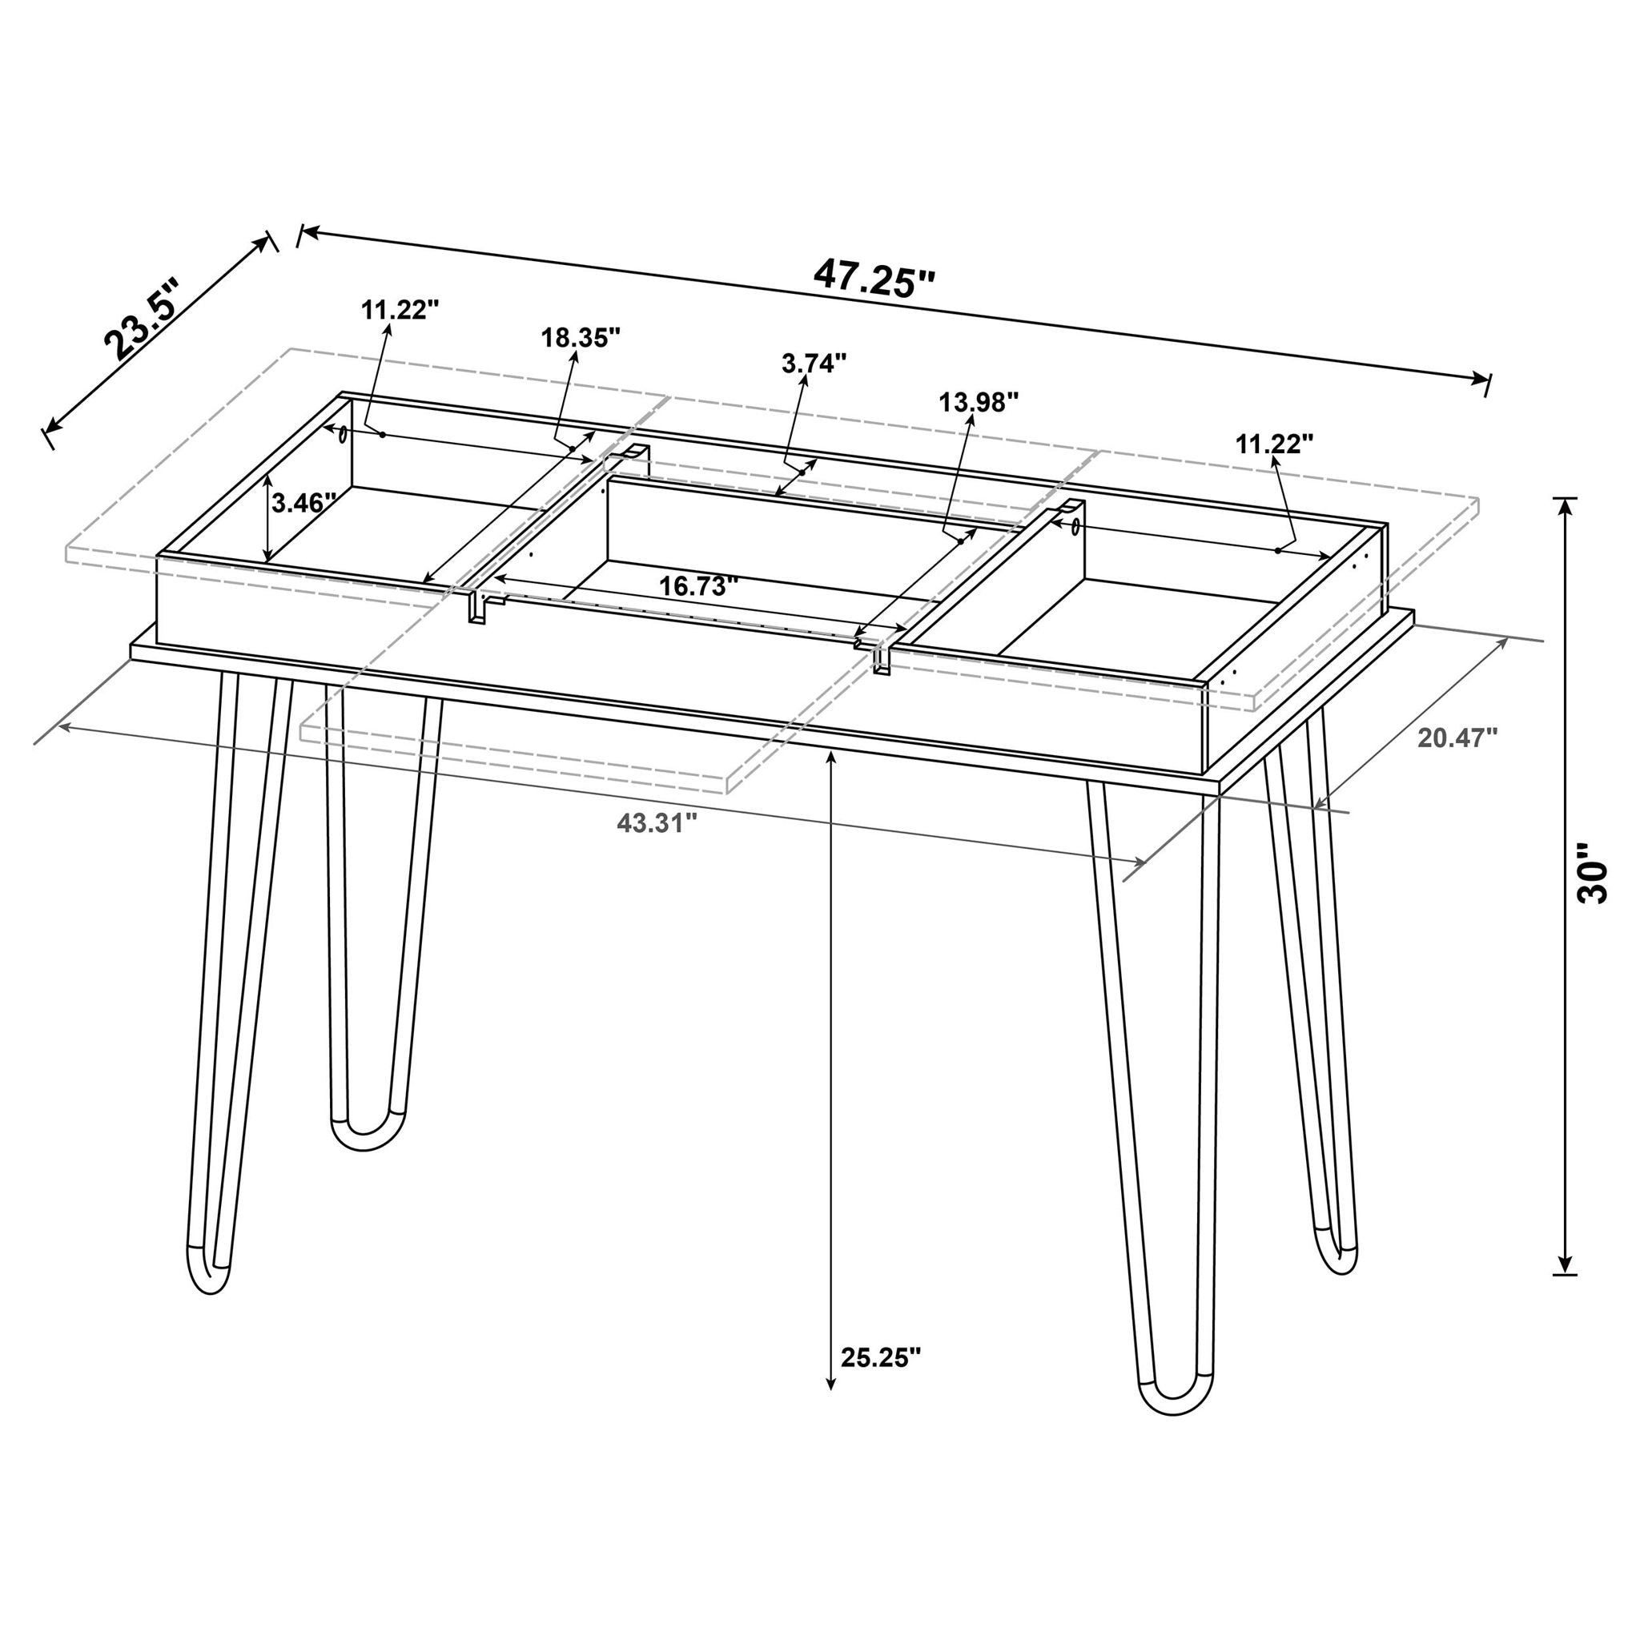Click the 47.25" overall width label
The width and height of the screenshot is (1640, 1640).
tap(874, 278)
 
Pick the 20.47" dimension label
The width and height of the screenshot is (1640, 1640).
tap(1457, 738)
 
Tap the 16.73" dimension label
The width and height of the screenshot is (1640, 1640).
tap(698, 585)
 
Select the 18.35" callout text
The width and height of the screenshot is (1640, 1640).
tap(581, 337)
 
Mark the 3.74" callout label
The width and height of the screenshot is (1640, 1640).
tap(814, 364)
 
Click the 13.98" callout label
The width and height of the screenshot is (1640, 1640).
tap(978, 401)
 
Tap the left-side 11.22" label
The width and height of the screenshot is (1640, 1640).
tap(400, 309)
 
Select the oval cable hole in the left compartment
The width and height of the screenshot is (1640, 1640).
tap(341, 435)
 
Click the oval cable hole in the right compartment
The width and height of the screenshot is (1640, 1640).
tap(1075, 526)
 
